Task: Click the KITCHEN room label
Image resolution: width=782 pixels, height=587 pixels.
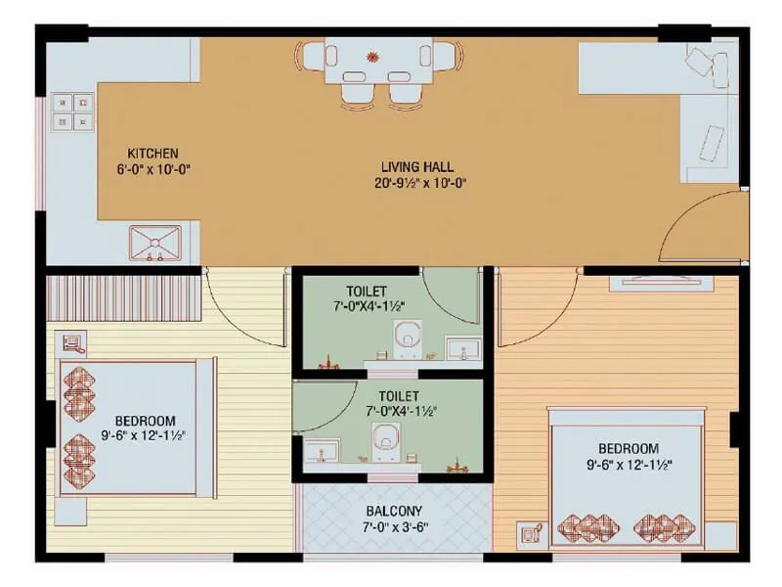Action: click(x=153, y=154)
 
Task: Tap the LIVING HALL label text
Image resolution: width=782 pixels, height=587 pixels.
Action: click(x=417, y=167)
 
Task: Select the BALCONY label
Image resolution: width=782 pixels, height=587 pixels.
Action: click(x=394, y=511)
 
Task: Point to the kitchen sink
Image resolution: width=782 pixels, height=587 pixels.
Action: click(x=155, y=242)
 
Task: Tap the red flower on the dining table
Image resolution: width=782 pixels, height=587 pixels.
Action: click(x=372, y=55)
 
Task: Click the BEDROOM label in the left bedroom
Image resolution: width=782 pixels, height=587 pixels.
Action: click(x=144, y=420)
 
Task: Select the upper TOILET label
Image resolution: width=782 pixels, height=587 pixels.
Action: click(x=366, y=291)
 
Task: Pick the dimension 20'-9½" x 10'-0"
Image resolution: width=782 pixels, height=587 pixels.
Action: click(x=419, y=183)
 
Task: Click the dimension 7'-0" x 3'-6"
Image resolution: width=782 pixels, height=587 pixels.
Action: click(x=394, y=526)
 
